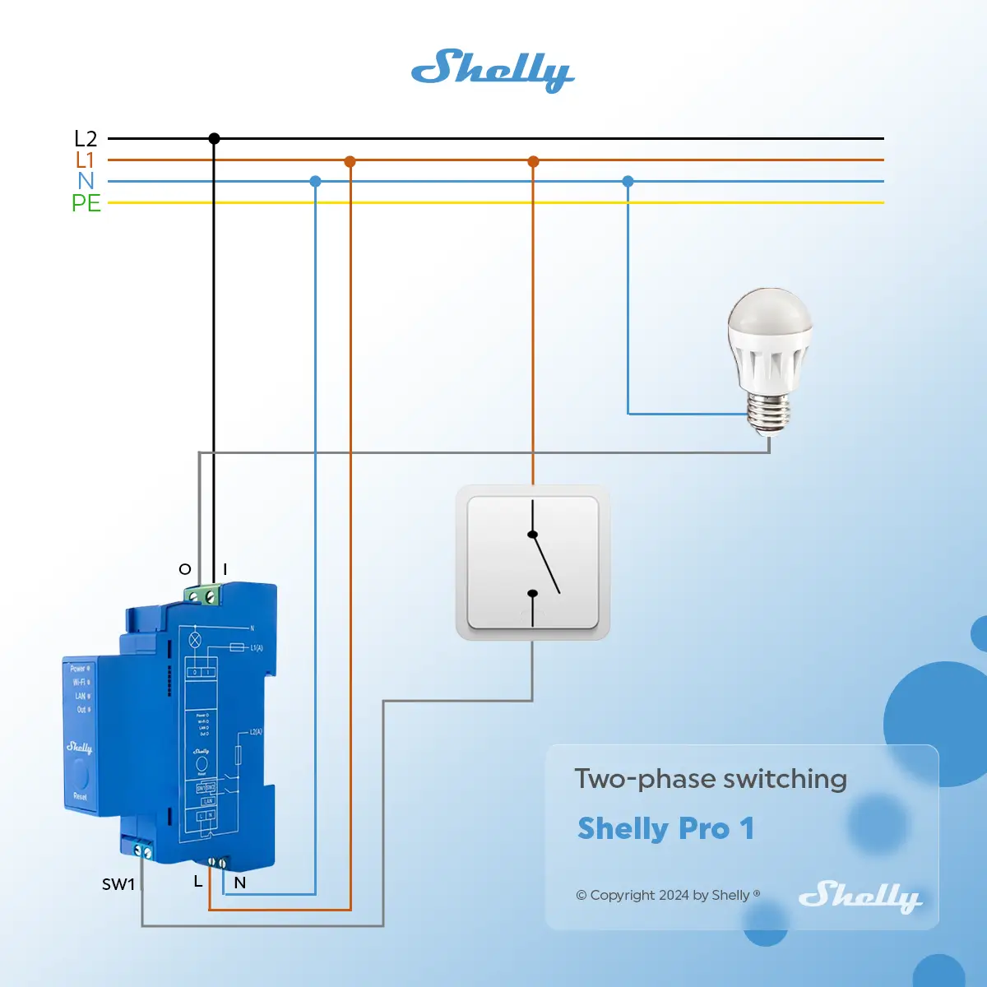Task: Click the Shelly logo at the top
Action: (x=493, y=69)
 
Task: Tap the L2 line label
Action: (x=86, y=139)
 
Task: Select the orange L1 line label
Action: (x=86, y=160)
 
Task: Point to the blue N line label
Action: (x=86, y=181)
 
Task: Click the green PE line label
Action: (x=86, y=202)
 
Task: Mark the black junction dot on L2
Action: (x=214, y=139)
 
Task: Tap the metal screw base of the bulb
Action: (x=769, y=412)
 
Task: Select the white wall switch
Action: (x=533, y=563)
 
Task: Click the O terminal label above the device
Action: (x=185, y=569)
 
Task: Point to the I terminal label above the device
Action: (x=225, y=569)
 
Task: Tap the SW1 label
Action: (x=118, y=884)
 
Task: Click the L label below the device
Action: (x=197, y=882)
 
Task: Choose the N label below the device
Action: (x=239, y=883)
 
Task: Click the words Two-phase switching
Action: (x=711, y=778)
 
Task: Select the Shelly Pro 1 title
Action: (x=665, y=828)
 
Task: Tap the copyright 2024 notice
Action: (x=667, y=895)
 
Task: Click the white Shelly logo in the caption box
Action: (x=860, y=896)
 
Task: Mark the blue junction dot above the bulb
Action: (x=628, y=181)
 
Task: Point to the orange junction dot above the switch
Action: (x=533, y=161)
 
